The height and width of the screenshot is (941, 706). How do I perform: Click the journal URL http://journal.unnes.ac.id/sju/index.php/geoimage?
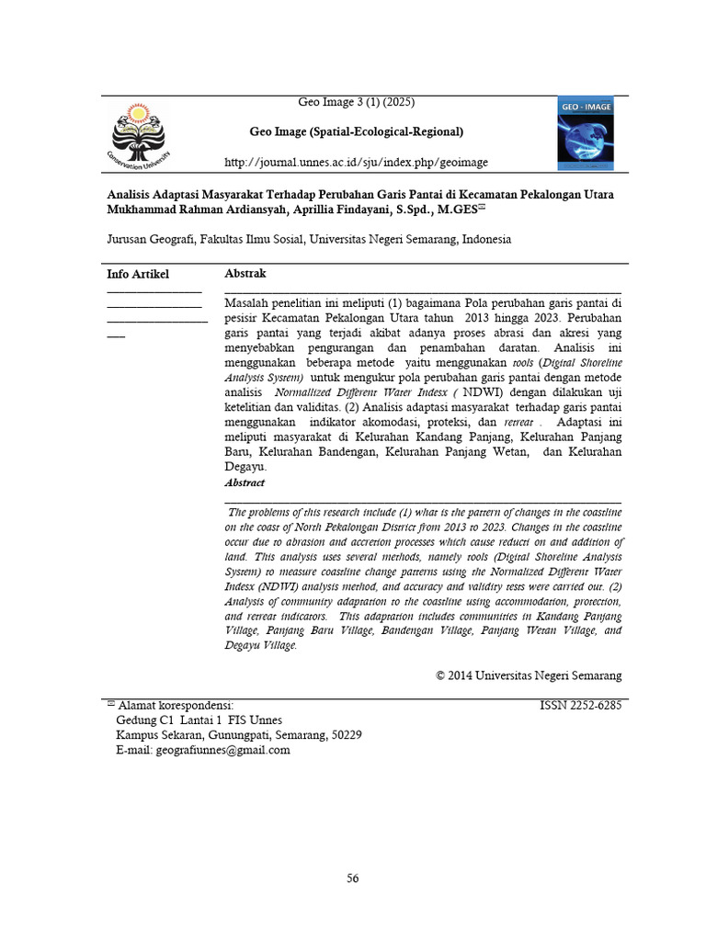(357, 163)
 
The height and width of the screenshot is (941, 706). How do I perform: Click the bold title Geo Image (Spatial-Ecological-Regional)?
(357, 131)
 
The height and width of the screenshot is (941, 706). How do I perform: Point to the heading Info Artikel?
(138, 274)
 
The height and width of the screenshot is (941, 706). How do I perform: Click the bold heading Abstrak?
(245, 274)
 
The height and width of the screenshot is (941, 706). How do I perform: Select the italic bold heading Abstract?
(245, 482)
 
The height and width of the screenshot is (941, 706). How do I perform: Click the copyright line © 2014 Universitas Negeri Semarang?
(529, 675)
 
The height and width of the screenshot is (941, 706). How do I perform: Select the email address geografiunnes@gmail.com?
(230, 750)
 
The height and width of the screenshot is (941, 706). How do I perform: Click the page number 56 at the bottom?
(353, 879)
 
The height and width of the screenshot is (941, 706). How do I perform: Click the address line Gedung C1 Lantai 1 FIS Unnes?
(199, 720)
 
